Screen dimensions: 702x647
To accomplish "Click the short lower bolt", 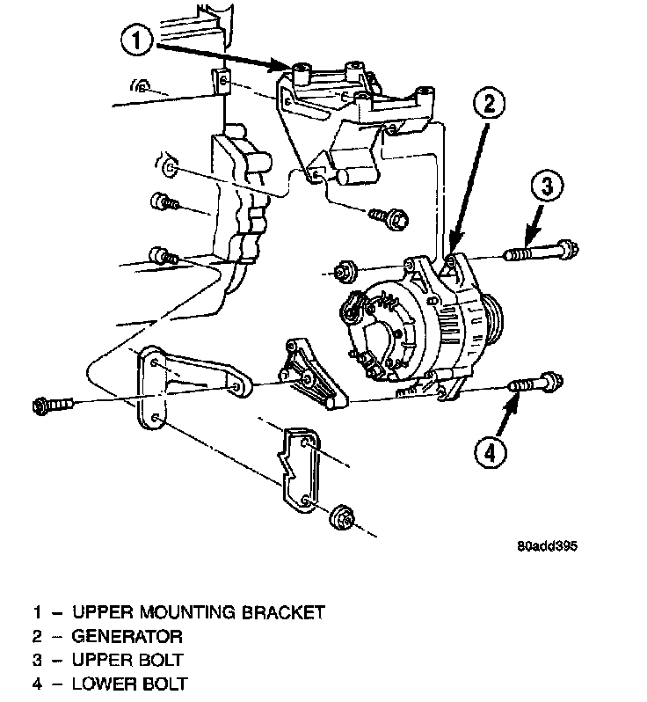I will (535, 384).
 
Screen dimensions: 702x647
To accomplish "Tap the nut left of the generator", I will (344, 270).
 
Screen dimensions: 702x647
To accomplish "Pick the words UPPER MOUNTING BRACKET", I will (199, 611).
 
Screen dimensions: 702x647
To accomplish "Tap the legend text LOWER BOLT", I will (130, 683).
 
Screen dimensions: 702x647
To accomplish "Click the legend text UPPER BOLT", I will (129, 659).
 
